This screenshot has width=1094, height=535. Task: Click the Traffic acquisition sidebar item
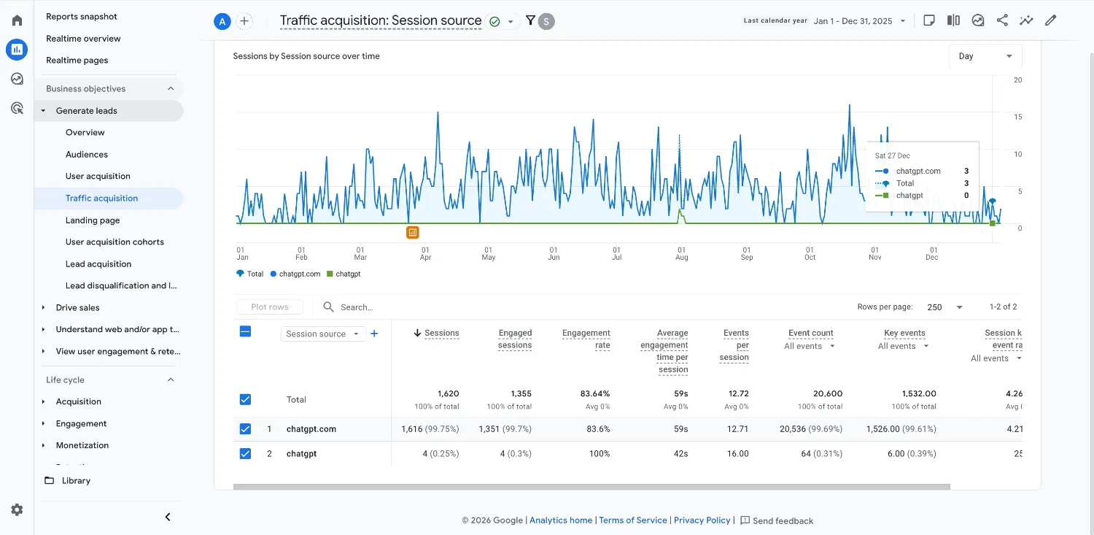(x=101, y=199)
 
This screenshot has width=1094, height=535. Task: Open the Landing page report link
(x=93, y=220)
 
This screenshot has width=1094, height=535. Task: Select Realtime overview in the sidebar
(x=83, y=39)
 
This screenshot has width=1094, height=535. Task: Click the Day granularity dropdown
(x=985, y=56)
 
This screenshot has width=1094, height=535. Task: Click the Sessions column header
(x=441, y=333)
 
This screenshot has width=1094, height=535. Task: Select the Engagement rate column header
(x=586, y=339)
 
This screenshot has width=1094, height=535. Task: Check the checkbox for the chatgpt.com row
(x=245, y=429)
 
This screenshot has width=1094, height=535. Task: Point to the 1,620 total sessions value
(x=448, y=393)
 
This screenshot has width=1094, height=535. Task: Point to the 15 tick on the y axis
(x=1017, y=117)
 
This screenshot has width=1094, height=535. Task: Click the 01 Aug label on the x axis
(x=681, y=253)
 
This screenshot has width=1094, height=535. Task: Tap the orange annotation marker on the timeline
(x=413, y=233)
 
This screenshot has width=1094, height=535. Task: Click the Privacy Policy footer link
(x=702, y=520)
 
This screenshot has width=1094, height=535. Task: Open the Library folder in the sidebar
(x=76, y=481)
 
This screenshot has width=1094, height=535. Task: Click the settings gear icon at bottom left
(x=17, y=510)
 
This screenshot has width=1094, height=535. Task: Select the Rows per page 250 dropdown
(x=944, y=307)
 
